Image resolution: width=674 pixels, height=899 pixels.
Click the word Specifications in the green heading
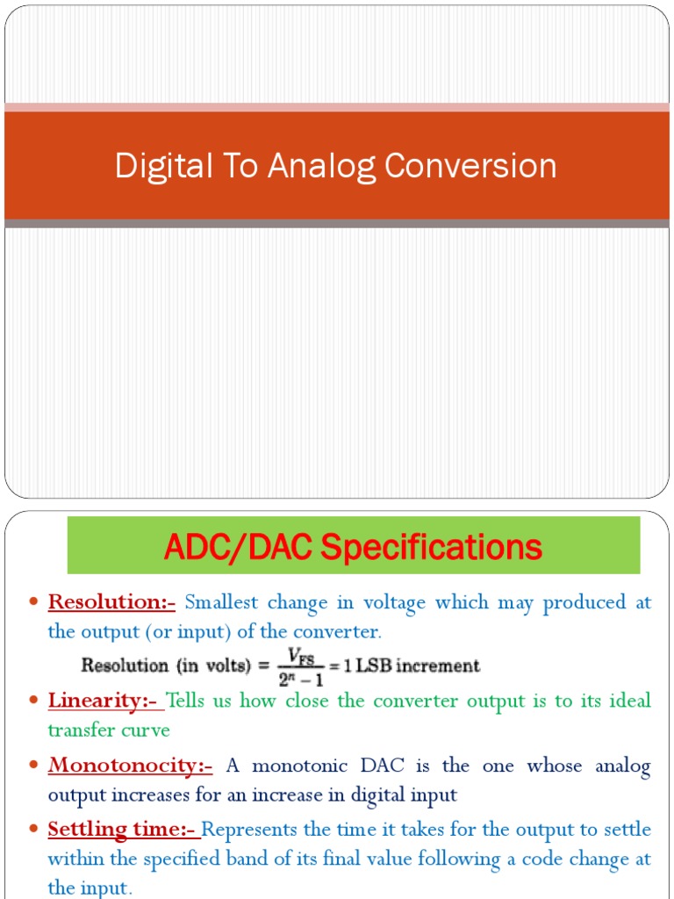430,548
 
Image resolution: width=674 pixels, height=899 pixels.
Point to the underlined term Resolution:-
111,602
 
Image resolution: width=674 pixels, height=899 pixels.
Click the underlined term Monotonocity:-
130,766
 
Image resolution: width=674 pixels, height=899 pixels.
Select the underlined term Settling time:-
123,830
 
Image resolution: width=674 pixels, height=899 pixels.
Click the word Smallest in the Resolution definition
222,602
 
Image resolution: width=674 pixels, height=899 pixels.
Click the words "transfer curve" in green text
109,730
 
